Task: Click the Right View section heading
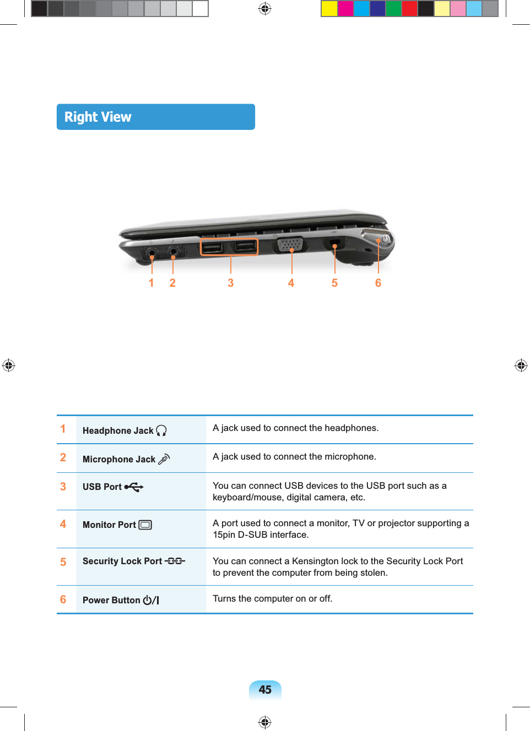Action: [98, 117]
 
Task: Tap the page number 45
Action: [265, 690]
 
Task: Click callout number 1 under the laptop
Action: [152, 283]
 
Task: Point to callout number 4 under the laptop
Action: [291, 283]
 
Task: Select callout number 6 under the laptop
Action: [378, 283]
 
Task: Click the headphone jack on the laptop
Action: [152, 254]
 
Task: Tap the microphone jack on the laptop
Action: [174, 253]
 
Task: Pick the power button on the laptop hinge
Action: [385, 239]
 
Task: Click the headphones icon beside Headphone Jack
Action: [161, 430]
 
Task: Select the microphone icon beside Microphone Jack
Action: [164, 459]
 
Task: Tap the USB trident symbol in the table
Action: [134, 487]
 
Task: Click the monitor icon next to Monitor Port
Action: [145, 525]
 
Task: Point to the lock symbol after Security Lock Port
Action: [175, 561]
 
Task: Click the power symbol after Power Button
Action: [150, 600]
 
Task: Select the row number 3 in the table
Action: [63, 487]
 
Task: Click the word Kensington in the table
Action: [315, 561]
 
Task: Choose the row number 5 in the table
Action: [63, 562]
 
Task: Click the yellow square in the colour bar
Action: [329, 9]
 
